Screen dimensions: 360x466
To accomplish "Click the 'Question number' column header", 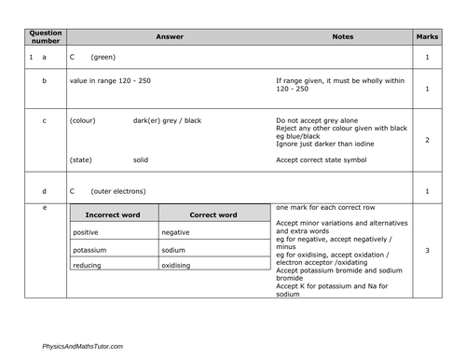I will point(46,37).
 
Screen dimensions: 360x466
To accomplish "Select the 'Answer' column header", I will point(170,37).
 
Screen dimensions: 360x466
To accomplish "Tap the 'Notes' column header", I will point(342,37).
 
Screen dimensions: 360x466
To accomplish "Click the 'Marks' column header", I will point(426,37).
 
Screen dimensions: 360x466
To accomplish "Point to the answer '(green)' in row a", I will point(103,58).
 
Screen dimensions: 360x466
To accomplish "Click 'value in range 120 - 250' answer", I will point(110,81).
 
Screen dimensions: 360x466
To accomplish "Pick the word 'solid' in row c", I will point(141,159).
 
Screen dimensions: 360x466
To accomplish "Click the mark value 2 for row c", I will point(427,140).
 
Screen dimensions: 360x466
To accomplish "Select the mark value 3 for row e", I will point(427,251).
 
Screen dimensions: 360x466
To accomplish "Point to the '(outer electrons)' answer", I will point(117,192).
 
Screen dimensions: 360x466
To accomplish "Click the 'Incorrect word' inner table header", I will point(112,215).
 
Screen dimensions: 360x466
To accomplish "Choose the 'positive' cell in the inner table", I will point(86,232).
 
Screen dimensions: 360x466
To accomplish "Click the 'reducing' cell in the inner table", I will point(87,266).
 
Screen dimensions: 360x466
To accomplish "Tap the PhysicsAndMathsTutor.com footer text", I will point(82,346).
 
